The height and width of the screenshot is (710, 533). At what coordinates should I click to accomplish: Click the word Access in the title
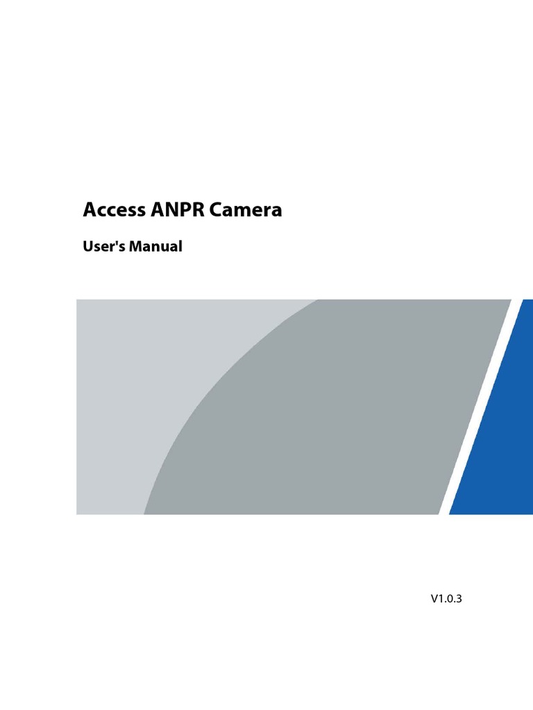click(114, 210)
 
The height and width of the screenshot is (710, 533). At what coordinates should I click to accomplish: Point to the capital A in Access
click(90, 210)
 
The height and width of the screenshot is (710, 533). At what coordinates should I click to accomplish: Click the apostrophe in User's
click(116, 242)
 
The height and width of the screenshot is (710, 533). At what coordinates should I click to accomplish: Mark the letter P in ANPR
click(180, 210)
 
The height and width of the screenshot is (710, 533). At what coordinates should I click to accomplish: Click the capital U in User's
click(88, 246)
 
